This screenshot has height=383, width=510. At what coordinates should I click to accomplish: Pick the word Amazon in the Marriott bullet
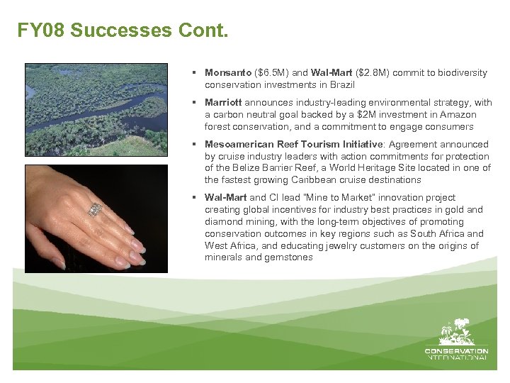coord(459,115)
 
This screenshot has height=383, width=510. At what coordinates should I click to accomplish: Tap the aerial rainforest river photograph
coord(96,109)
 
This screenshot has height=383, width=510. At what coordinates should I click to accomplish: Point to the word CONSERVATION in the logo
coord(456,350)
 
